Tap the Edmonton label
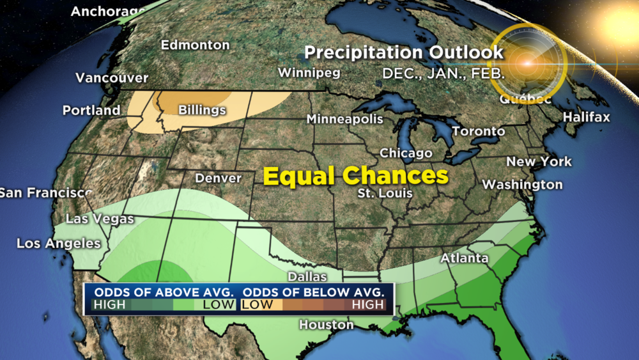click(195, 45)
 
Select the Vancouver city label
click(112, 78)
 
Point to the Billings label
click(202, 110)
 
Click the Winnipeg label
click(309, 72)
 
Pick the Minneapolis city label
click(345, 119)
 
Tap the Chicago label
click(406, 153)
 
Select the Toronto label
click(479, 131)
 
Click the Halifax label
click(587, 117)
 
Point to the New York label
click(539, 162)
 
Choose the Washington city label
click(522, 185)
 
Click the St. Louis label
click(385, 193)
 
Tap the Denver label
click(219, 178)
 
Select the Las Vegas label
click(100, 219)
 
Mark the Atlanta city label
click(465, 258)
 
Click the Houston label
click(326, 325)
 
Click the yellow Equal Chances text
click(355, 176)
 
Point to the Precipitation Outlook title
click(404, 52)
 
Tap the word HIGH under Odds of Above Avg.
click(110, 305)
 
